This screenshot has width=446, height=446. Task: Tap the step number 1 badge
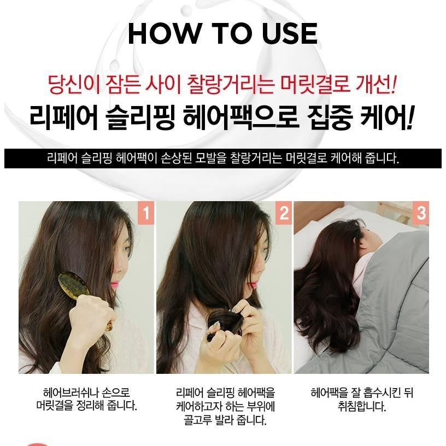pos(146,213)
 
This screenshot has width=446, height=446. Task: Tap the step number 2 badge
pos(284,213)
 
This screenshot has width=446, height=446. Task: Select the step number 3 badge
pos(421,213)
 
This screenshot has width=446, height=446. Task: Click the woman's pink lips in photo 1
pos(114,284)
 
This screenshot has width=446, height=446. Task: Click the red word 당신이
pos(74,85)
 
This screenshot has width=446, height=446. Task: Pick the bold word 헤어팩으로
pos(240,118)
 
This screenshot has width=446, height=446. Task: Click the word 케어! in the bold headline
pos(386,118)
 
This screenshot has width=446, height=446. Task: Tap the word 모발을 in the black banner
pos(211,158)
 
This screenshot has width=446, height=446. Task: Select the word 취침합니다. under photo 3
pos(361,406)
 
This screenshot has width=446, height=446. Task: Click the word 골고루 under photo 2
pos(196,420)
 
